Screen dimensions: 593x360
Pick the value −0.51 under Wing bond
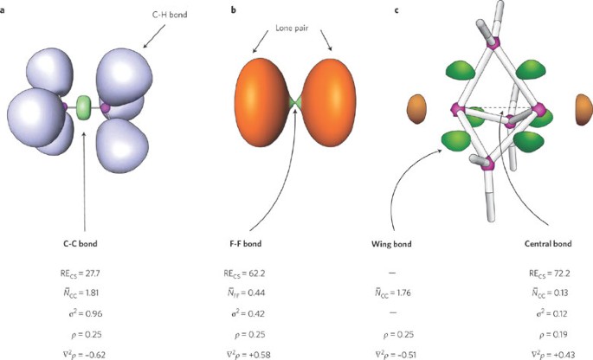tap(429, 353)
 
